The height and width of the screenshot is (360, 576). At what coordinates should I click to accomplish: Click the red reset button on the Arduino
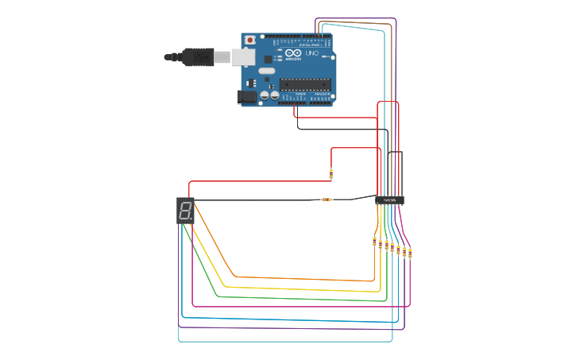coord(249,40)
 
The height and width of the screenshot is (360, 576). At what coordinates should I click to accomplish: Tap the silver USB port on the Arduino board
coord(243,56)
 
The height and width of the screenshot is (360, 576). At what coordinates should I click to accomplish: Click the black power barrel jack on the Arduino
coord(247,97)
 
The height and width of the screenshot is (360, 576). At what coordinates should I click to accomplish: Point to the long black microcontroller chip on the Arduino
coord(304,84)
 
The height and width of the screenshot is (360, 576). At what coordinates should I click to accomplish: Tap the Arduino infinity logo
coord(293,53)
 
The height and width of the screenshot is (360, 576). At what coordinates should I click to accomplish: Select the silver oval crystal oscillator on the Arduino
coord(265,71)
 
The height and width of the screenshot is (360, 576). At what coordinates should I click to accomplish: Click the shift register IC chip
coord(389,200)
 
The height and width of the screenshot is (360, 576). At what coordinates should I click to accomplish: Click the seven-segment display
coord(185,211)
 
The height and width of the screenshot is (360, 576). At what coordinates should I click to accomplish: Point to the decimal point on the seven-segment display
coord(191,220)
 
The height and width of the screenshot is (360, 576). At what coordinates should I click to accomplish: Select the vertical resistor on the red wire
coord(331,174)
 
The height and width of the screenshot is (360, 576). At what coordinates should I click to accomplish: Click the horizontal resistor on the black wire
coord(326,199)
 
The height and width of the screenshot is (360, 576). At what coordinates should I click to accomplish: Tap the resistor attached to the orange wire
coord(374,242)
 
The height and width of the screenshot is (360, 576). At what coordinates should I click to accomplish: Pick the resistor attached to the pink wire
coord(410,254)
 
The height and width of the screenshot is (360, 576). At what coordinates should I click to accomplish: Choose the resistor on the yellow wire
coord(381,244)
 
